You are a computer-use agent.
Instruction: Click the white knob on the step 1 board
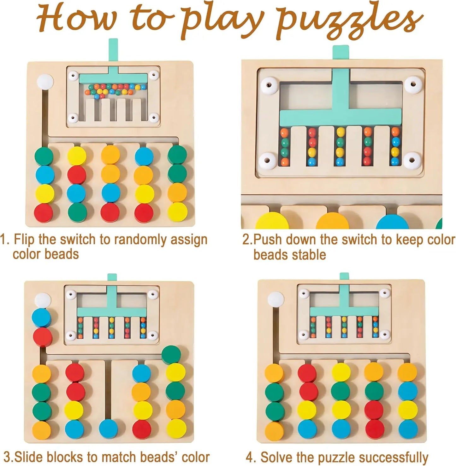pos(45,83)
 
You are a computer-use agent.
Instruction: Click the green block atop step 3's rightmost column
pos(171,354)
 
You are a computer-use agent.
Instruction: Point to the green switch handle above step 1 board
pos(114,50)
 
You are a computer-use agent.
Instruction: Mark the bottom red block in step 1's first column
pos(44,213)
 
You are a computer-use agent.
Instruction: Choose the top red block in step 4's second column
pos(307,373)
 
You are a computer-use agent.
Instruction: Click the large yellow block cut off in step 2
pos(270,222)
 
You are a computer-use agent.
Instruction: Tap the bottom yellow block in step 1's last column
pos(178,212)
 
